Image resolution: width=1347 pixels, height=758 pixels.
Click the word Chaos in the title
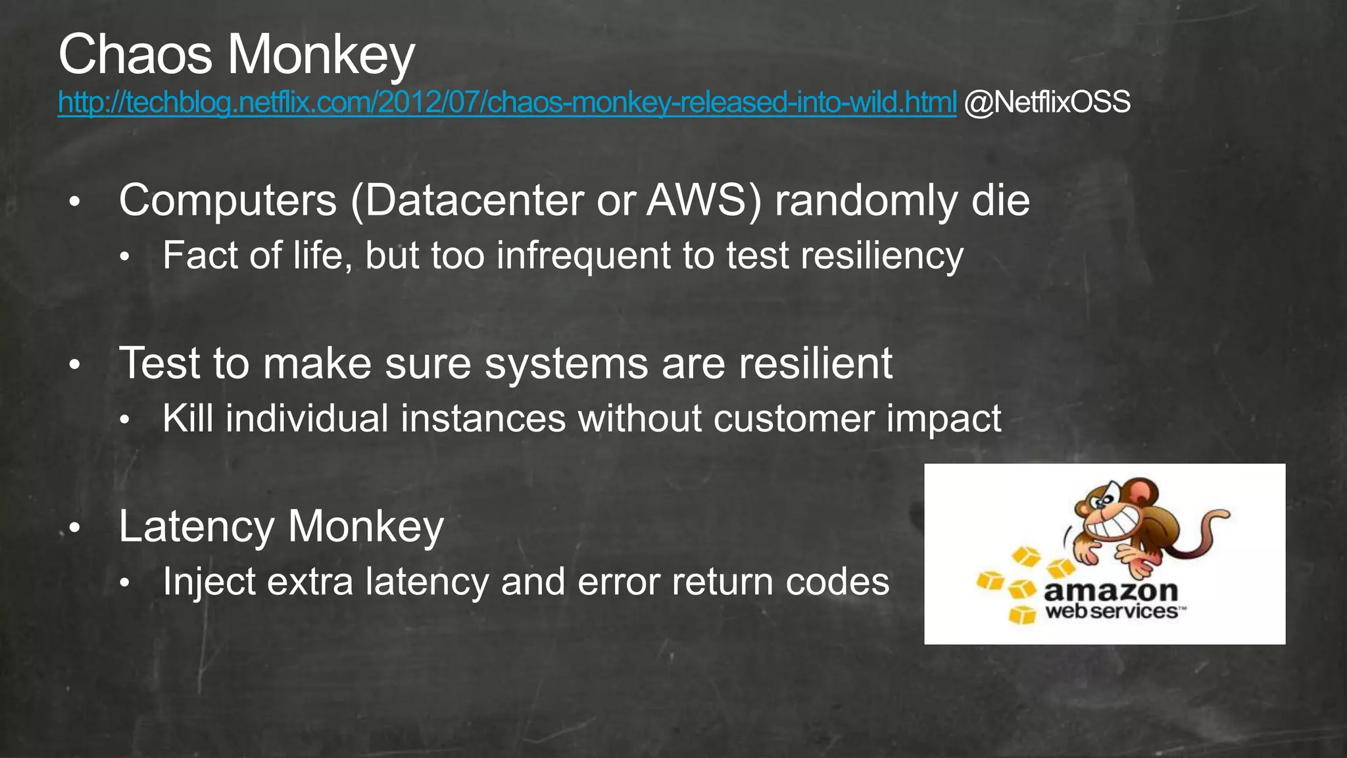click(135, 55)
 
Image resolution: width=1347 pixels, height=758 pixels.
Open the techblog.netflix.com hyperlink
click(506, 103)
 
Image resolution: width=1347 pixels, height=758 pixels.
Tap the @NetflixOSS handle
click(1047, 103)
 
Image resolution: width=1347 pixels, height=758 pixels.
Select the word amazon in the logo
click(1110, 591)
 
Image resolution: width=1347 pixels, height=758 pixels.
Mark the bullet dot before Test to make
click(75, 365)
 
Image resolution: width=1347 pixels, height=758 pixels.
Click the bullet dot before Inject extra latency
click(125, 583)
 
